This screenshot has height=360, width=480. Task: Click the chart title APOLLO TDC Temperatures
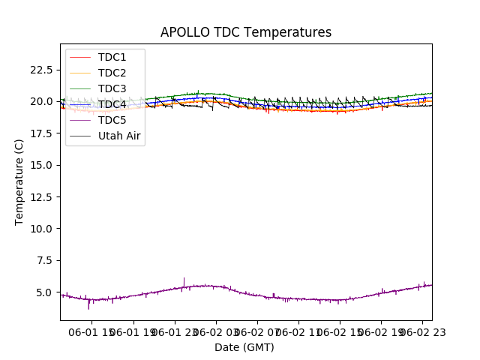(x=245, y=32)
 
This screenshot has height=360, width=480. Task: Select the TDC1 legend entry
(x=112, y=57)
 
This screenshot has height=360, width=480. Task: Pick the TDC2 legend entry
(x=112, y=73)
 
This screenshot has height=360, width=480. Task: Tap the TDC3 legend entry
(x=112, y=88)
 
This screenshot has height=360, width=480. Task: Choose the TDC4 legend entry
(x=112, y=104)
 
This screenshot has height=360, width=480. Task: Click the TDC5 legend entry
(x=112, y=120)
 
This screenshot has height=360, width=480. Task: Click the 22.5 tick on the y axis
(x=40, y=70)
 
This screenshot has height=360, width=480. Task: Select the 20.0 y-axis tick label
(x=40, y=101)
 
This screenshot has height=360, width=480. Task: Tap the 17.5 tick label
(x=40, y=133)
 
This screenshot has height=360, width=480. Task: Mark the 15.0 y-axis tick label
(x=40, y=165)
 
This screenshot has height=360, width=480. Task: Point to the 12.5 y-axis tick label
(x=40, y=196)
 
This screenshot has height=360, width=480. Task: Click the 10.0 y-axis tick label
(x=40, y=229)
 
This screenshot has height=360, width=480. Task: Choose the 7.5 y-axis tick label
(x=43, y=260)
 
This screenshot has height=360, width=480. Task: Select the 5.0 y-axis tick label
(x=43, y=292)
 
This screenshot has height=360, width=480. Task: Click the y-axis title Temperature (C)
(x=19, y=181)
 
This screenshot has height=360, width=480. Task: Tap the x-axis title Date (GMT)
(x=244, y=347)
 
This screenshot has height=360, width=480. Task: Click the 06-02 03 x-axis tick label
(x=215, y=332)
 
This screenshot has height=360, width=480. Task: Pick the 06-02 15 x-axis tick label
(x=339, y=332)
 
